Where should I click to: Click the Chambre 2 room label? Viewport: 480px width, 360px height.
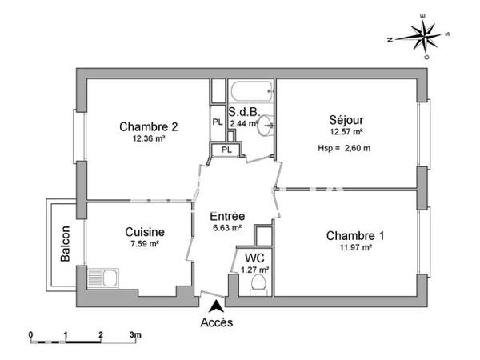pos(148,126)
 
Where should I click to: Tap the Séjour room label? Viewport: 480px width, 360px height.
pos(346,120)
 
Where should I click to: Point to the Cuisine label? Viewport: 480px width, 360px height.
pos(145,232)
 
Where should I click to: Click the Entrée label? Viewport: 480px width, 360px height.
pos(227,216)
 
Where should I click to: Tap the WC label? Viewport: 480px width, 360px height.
pos(255,258)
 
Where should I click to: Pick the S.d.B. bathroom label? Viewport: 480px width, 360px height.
pos(242,113)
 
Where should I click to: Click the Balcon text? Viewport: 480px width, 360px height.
pos(64,245)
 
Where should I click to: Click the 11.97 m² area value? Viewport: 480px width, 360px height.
pos(354,248)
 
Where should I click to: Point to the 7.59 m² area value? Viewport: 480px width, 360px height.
pos(145,244)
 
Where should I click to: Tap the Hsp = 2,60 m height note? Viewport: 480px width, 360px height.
pos(345,148)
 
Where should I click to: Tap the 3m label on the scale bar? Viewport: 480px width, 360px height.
pos(136,334)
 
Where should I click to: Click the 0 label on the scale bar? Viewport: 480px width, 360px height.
pos(30,334)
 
